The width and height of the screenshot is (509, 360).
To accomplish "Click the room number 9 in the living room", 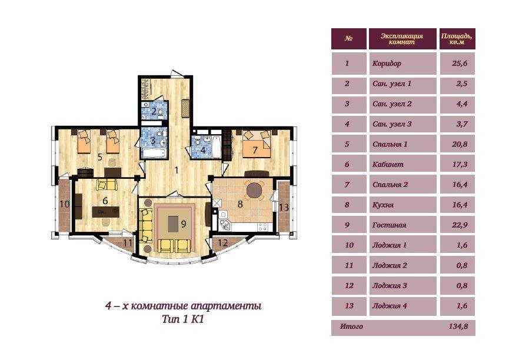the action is (184, 224).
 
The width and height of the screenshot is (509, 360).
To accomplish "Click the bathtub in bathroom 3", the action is (154, 153).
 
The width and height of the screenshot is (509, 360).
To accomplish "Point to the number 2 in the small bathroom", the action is (154, 111).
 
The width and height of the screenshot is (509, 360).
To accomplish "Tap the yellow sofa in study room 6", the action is (106, 185).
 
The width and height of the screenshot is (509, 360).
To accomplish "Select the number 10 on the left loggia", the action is (64, 204).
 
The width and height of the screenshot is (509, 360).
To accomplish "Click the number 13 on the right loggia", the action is (284, 208).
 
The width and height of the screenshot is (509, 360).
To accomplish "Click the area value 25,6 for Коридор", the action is (460, 64).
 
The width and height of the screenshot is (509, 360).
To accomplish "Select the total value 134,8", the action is (458, 326).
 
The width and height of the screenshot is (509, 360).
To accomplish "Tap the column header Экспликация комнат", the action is (402, 39).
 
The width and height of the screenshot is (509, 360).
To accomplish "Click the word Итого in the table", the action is (351, 326).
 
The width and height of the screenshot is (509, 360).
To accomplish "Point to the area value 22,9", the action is (460, 225).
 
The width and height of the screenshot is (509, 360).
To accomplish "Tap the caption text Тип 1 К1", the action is (183, 319).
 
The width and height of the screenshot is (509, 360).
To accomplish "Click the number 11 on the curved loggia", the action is (128, 243).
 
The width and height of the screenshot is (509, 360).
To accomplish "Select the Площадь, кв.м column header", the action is (457, 39).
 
